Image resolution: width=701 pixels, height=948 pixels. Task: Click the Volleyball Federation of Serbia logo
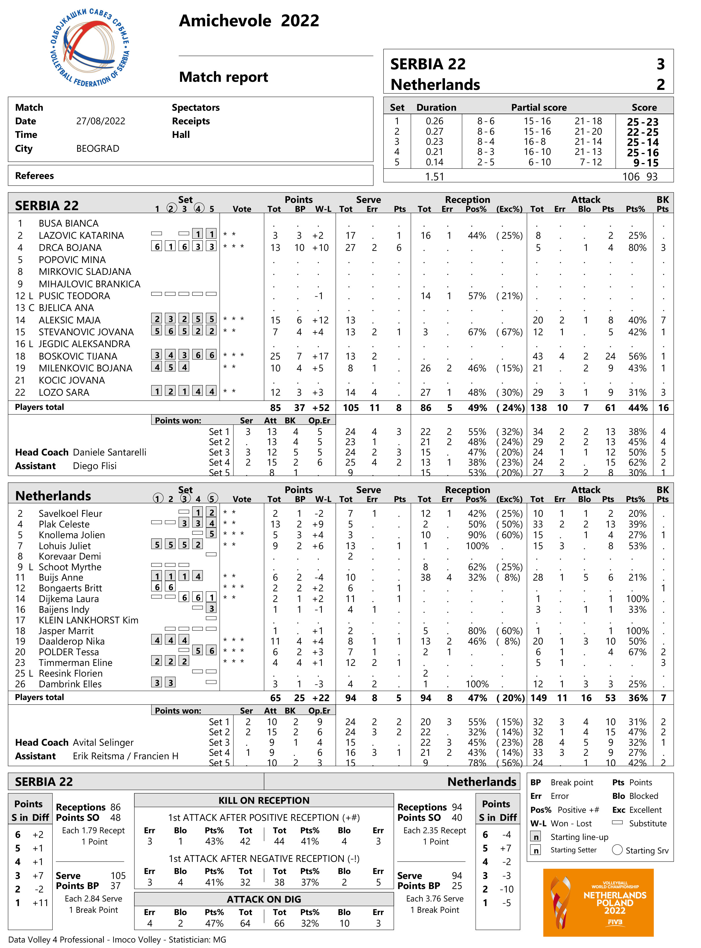90,47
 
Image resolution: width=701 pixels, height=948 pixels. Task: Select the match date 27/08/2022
101,121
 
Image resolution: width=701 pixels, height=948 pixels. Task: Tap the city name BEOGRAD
98,149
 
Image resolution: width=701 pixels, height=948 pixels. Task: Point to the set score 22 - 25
642,132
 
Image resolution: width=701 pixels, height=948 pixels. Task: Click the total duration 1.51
435,177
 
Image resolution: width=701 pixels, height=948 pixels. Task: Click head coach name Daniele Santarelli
110,452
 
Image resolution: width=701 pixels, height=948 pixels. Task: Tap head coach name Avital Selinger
103,742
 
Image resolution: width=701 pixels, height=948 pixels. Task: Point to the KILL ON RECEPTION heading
264,800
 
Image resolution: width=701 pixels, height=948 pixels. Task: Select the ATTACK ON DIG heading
264,899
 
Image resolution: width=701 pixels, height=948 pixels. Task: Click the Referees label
34,176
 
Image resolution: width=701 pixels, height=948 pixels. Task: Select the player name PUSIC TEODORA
74,296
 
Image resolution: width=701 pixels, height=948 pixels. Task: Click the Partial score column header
539,107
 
